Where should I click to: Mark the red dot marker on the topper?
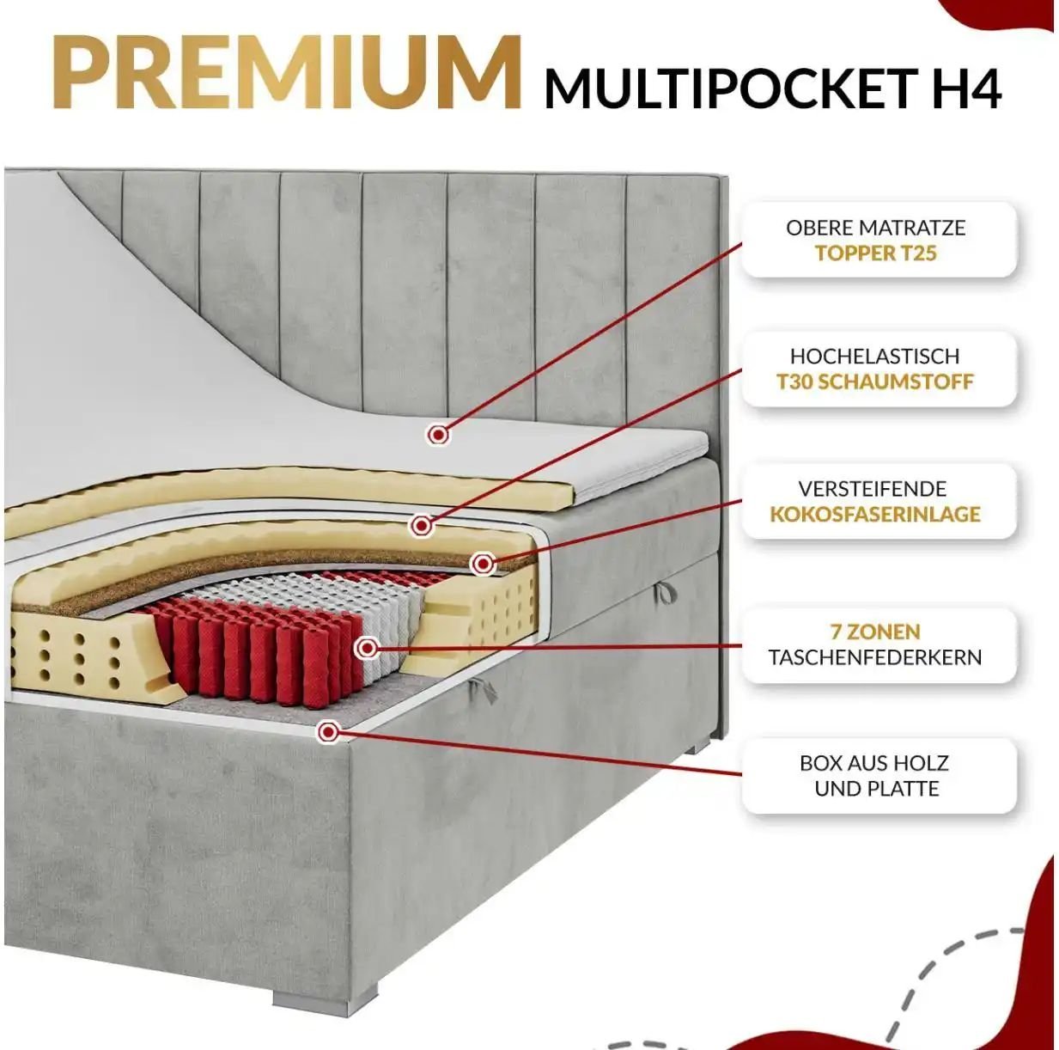[x=438, y=435]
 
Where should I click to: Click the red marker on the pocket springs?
[x=367, y=649]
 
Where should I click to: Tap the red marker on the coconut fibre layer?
[x=483, y=563]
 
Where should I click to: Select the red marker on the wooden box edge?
[x=328, y=731]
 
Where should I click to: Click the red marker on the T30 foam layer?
[x=422, y=526]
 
